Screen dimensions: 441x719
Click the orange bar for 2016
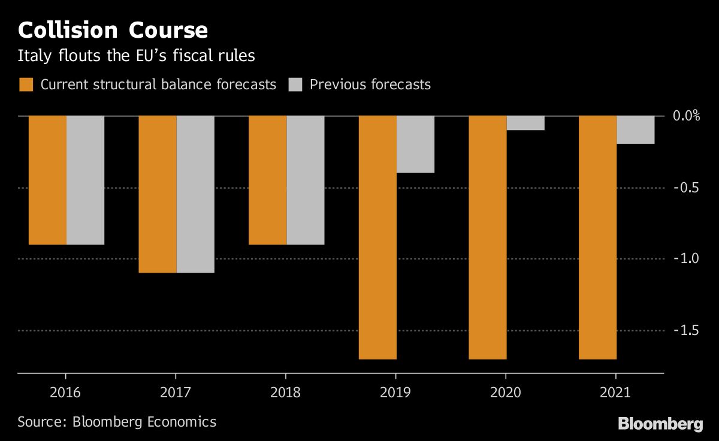[48, 180]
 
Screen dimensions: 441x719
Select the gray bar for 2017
[195, 194]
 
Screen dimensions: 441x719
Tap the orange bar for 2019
[377, 237]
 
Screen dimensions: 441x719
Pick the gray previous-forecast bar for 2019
[415, 144]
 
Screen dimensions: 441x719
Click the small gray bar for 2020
[525, 123]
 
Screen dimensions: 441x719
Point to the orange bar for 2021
[597, 237]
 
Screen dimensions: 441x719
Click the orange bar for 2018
[267, 180]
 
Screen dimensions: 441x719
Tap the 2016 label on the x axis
[65, 393]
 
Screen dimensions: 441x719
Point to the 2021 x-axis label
[615, 393]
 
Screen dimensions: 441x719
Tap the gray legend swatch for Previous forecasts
[295, 84]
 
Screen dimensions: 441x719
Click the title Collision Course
[113, 30]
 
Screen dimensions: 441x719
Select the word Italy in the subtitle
[31, 56]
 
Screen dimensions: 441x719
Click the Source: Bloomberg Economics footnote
[117, 422]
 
